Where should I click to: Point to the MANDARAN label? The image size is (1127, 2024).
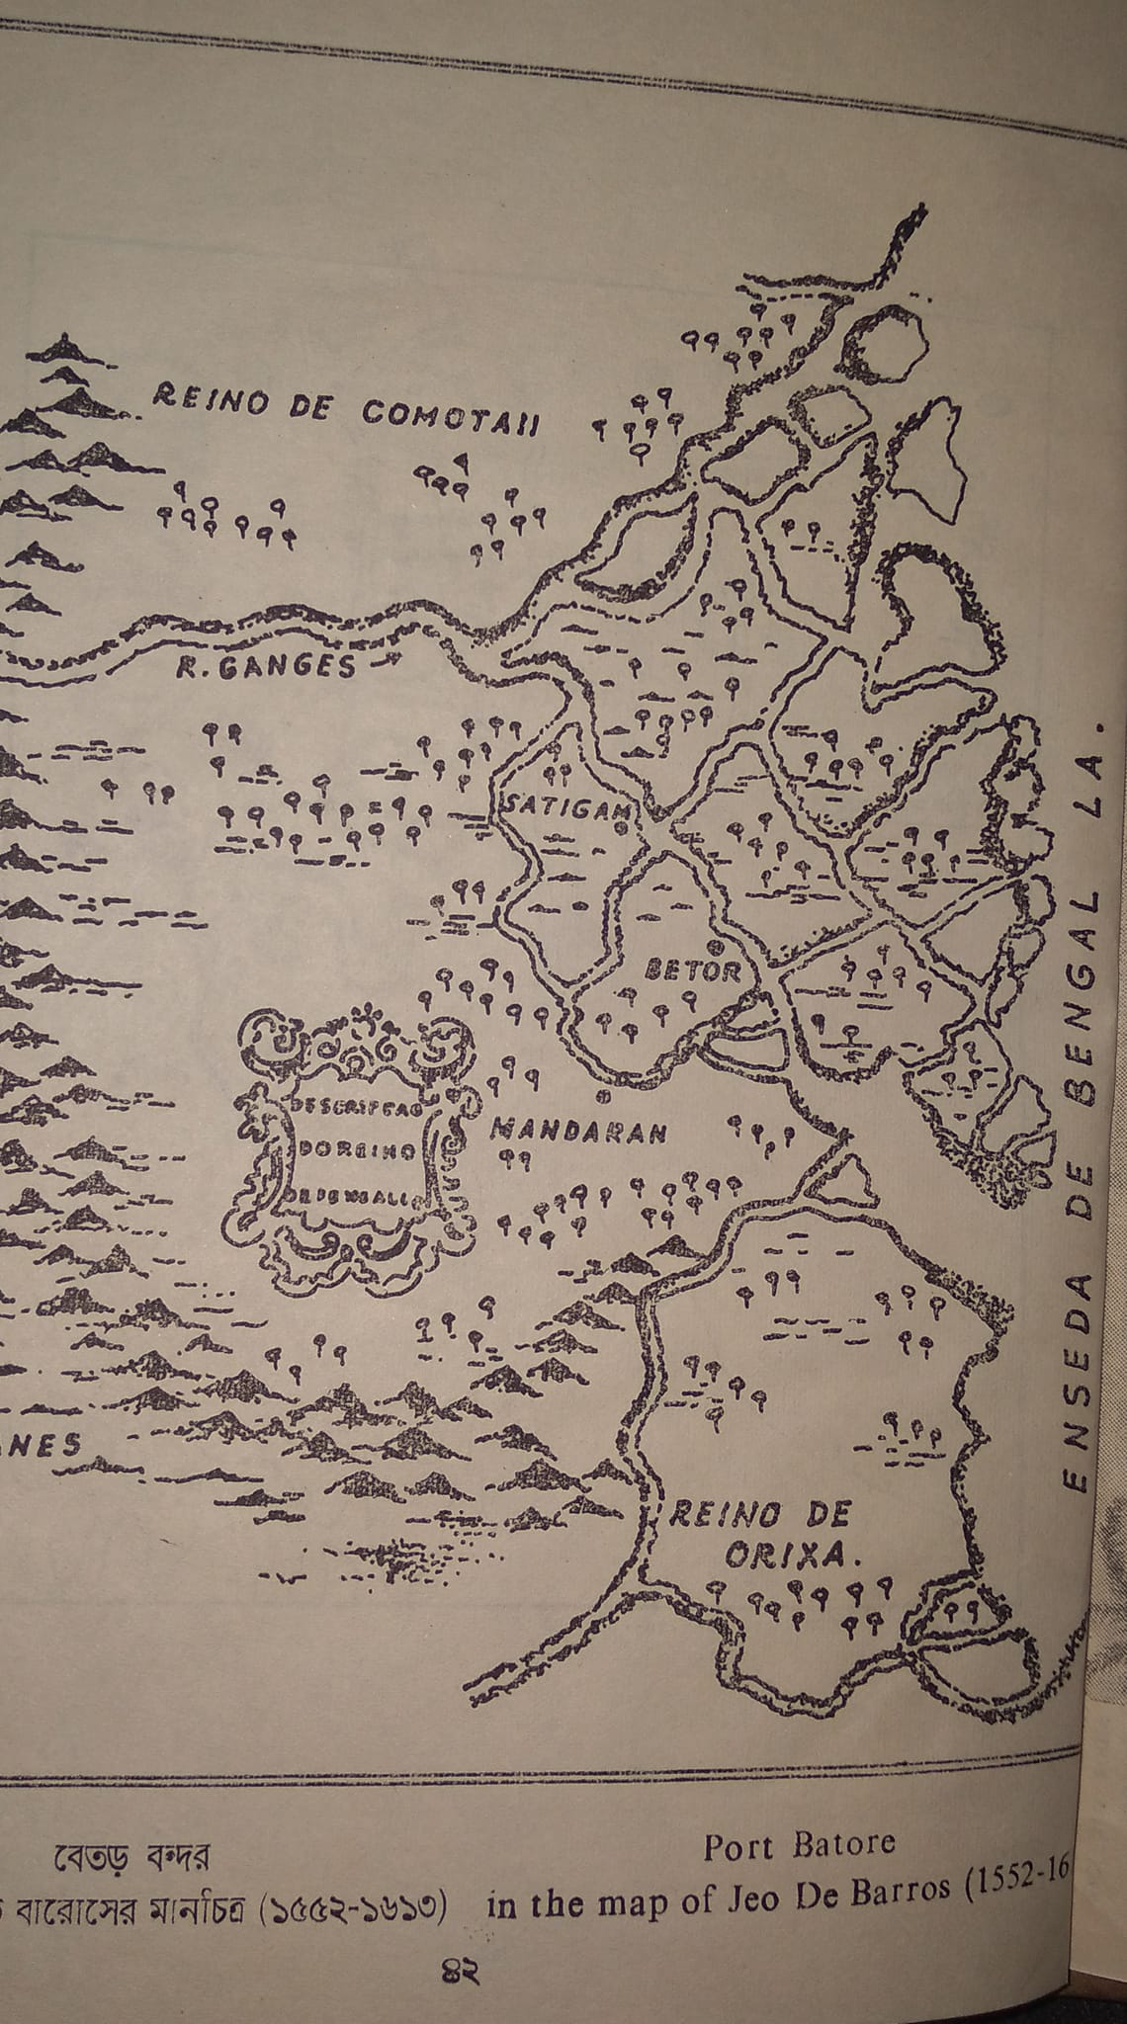(578, 1131)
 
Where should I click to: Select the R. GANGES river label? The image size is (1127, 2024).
(266, 668)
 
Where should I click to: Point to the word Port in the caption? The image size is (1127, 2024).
(741, 1846)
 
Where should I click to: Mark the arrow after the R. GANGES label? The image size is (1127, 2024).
(381, 666)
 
